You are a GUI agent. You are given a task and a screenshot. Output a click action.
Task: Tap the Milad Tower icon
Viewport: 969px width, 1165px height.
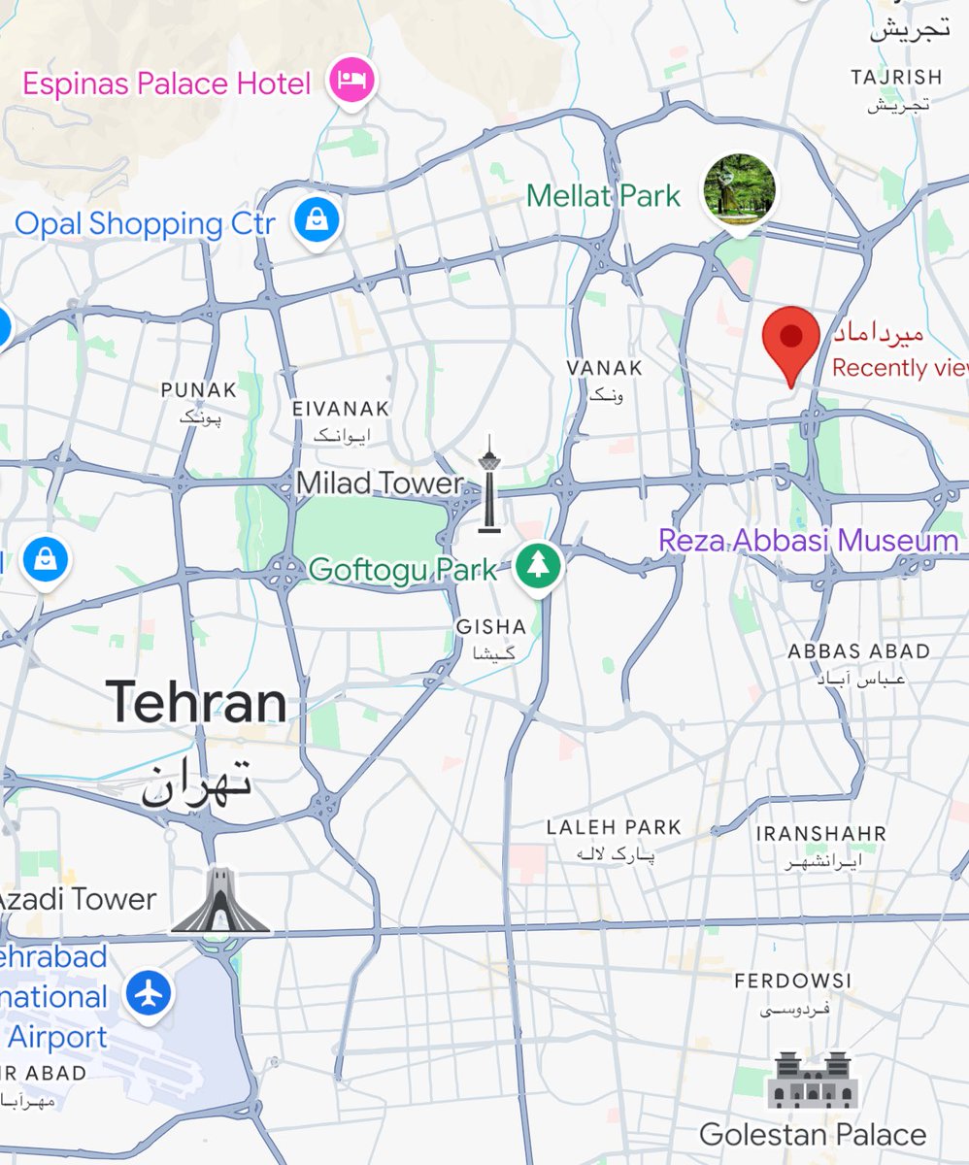tap(489, 484)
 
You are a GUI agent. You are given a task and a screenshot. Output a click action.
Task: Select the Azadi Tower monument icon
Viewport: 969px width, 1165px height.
tap(220, 902)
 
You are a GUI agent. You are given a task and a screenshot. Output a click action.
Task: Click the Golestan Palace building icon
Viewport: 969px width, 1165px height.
tap(812, 1080)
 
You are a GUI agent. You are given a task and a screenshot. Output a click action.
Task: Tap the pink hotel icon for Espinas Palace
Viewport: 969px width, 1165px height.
tap(351, 82)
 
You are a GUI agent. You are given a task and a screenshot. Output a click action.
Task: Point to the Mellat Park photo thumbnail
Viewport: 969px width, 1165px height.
tap(740, 186)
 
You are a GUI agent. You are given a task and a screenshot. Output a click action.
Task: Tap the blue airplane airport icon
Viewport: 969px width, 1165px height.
tap(149, 994)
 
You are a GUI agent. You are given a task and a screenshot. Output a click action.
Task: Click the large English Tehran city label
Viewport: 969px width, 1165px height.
tap(196, 702)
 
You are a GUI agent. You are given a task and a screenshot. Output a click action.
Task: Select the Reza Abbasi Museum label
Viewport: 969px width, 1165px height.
tap(808, 541)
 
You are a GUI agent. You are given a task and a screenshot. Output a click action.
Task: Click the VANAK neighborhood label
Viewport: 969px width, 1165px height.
tap(605, 368)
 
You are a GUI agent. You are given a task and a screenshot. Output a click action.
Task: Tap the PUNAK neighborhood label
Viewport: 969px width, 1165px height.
tap(199, 390)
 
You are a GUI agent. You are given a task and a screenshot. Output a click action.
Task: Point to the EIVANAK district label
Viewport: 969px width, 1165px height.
tap(341, 409)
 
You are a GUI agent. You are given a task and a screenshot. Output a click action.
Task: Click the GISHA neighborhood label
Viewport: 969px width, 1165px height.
tap(491, 627)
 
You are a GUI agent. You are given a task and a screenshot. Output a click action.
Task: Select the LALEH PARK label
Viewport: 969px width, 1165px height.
tap(614, 827)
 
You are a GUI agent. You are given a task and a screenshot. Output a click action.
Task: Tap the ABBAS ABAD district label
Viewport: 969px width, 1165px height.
tap(858, 650)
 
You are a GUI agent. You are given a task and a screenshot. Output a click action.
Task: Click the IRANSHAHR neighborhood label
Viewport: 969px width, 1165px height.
tap(821, 834)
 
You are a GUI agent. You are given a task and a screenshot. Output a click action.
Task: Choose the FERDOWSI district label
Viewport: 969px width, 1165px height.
tap(793, 981)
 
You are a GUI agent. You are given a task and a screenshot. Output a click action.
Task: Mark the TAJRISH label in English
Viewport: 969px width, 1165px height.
tap(895, 77)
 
